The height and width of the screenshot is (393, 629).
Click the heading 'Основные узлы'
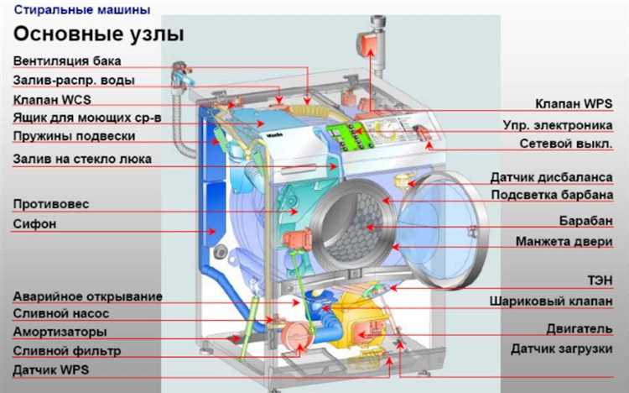click(99, 34)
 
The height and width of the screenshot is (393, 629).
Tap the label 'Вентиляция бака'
click(67, 61)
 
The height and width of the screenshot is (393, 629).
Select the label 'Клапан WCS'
click(52, 100)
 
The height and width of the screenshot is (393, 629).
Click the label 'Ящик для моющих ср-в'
click(87, 118)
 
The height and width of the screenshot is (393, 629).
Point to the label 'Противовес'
click(51, 204)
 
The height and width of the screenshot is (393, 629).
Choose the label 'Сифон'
click(34, 224)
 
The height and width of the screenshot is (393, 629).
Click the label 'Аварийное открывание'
click(88, 297)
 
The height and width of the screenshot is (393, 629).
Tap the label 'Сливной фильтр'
click(67, 351)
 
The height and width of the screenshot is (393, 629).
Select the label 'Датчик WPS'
click(51, 369)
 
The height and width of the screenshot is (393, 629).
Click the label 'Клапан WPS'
click(574, 103)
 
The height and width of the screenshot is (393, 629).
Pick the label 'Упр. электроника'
click(558, 125)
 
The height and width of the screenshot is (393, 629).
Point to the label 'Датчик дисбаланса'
click(552, 177)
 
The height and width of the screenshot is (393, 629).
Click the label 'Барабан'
click(586, 221)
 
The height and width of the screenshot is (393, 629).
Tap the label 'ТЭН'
click(600, 280)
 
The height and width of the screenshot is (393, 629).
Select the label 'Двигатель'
click(580, 329)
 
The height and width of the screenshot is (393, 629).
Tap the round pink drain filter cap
click(298, 337)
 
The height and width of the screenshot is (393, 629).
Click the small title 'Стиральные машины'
click(82, 9)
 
